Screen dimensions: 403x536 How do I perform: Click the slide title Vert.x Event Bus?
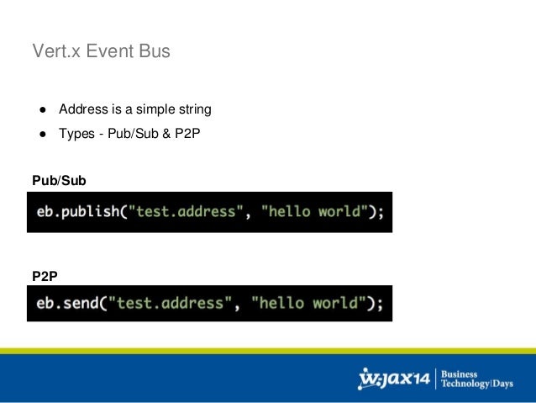point(101,52)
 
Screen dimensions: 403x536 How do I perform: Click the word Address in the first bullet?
point(82,109)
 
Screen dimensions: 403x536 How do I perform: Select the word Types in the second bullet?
point(77,133)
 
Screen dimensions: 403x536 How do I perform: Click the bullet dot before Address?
point(39,109)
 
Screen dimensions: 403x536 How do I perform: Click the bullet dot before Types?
point(39,133)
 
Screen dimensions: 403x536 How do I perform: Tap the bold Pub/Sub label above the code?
point(59,180)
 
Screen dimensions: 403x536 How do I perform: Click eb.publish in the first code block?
point(78,212)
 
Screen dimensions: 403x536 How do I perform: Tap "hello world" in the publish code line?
point(315,212)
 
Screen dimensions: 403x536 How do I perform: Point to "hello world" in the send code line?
point(305,304)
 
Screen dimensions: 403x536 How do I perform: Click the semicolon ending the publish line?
point(380,213)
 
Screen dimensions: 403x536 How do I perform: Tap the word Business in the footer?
point(460,374)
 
